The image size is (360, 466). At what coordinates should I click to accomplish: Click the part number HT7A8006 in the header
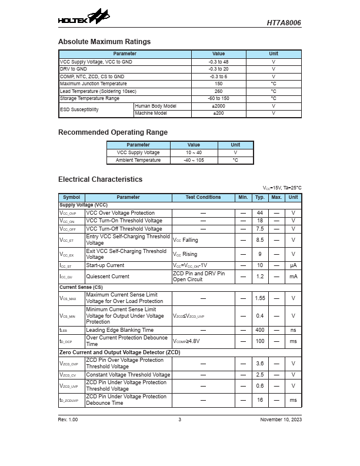tap(284, 23)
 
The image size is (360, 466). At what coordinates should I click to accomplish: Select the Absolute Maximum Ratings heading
tap(104, 42)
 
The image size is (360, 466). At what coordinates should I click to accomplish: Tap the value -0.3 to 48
tap(218, 62)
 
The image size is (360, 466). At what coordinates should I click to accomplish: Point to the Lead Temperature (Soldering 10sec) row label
tap(98, 91)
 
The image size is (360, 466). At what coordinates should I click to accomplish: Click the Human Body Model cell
tap(155, 106)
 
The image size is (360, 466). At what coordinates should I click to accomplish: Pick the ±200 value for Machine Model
tap(218, 113)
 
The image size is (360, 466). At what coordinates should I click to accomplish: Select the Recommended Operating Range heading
tap(112, 132)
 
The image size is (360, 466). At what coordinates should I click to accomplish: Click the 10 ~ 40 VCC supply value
tap(194, 152)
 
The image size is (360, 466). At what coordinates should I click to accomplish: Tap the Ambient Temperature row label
tap(138, 160)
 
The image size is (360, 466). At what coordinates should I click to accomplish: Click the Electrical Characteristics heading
tap(100, 179)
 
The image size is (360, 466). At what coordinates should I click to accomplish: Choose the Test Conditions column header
tap(203, 198)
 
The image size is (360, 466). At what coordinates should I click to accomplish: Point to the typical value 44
tap(259, 213)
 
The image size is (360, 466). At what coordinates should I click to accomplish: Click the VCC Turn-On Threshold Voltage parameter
tap(124, 221)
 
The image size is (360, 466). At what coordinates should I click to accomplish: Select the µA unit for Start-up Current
tap(293, 265)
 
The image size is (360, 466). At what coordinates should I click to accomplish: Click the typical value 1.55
tap(259, 298)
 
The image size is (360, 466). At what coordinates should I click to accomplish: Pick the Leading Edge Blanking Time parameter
tap(119, 330)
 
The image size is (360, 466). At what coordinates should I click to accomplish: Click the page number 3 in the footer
tap(180, 420)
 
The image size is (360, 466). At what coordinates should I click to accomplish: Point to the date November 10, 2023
tap(281, 420)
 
